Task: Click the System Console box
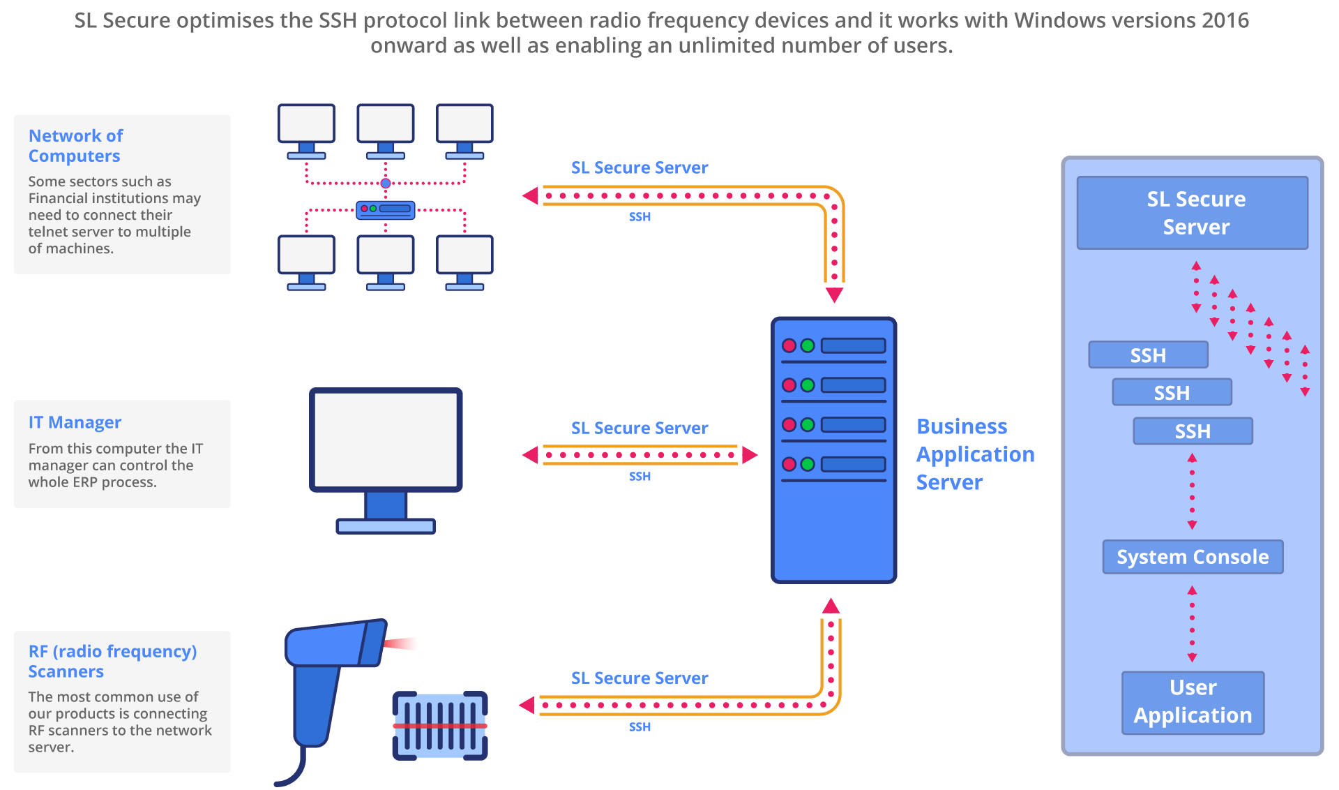1193,557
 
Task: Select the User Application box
1193,702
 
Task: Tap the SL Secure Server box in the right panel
1193,213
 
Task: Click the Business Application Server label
975,454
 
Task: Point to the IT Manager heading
75,422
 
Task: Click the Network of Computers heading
75,146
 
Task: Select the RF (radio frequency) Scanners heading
112,661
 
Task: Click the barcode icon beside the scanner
440,725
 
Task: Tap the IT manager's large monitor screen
386,439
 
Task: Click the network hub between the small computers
386,209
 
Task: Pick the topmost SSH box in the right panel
1148,355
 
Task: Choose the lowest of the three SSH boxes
1193,431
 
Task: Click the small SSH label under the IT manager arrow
640,476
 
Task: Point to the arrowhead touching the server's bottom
831,606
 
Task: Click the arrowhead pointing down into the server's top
834,295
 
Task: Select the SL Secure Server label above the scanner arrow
640,678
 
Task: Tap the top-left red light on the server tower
789,345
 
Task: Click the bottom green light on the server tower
808,464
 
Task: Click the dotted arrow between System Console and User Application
1192,623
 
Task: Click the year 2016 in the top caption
1225,20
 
